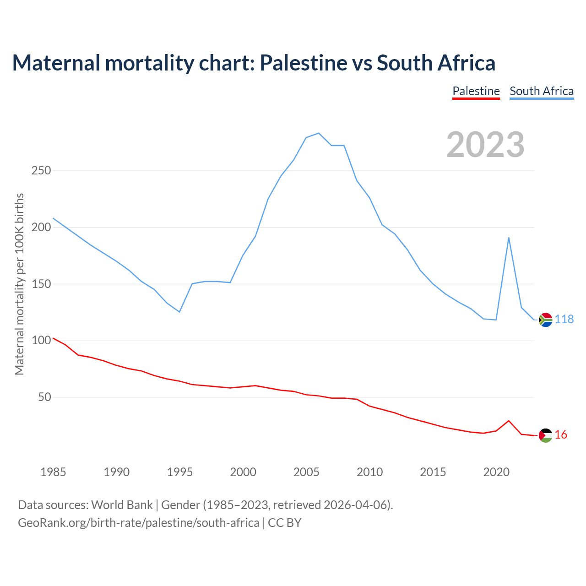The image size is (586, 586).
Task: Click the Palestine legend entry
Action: [476, 91]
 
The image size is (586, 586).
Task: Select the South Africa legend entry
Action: [542, 91]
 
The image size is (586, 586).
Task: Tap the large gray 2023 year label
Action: [485, 145]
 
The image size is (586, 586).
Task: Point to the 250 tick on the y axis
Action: [41, 171]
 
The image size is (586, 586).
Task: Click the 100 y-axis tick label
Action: [41, 341]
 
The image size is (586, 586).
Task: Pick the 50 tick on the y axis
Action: [44, 397]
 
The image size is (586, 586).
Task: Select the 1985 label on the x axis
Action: [53, 472]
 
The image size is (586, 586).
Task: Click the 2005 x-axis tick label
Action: [306, 472]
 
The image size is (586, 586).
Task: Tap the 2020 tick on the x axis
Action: [496, 472]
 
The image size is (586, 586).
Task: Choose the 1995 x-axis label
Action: [180, 472]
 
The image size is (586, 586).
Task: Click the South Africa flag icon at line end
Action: [545, 320]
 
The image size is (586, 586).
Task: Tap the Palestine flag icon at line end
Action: [545, 435]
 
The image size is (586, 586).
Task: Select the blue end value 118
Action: [564, 320]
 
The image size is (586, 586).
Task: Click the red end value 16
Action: [561, 435]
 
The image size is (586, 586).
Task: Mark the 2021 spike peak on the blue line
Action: [509, 237]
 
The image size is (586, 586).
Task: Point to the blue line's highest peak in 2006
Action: [319, 133]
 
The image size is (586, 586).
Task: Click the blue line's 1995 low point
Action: [179, 312]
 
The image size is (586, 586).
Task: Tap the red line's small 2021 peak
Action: [509, 420]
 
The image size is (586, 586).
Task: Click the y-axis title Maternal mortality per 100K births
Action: [19, 284]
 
